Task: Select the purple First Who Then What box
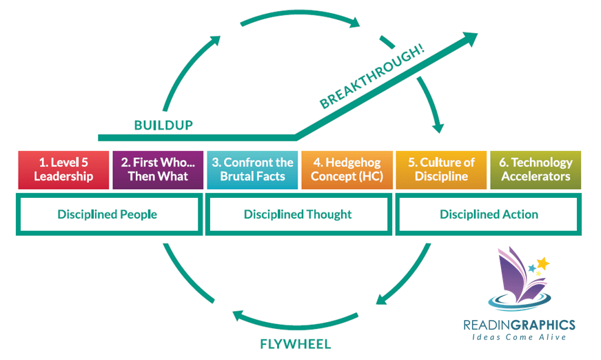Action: [158, 170]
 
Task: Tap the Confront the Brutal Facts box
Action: [252, 170]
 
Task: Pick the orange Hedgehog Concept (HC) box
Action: [347, 170]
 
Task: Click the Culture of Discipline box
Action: [441, 170]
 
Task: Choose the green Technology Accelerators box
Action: [536, 170]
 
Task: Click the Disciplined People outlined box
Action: [108, 214]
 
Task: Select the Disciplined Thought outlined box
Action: [298, 214]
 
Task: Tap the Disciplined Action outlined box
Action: [489, 214]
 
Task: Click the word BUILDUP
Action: [163, 126]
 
